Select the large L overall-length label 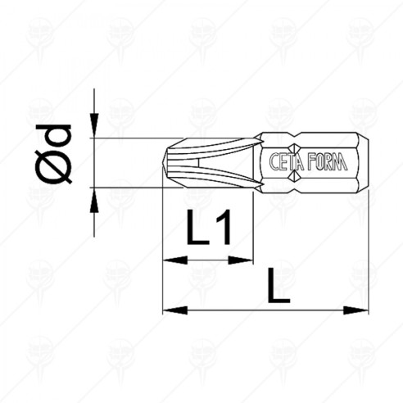[278, 289]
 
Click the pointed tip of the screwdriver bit [165, 163]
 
